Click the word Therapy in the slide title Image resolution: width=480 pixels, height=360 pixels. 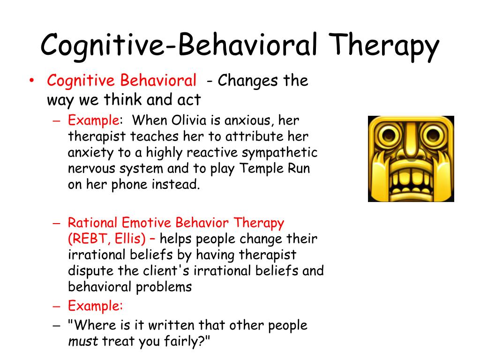(x=384, y=46)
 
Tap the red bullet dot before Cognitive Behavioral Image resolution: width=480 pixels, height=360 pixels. (x=31, y=80)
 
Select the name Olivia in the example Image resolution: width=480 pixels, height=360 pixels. (x=189, y=120)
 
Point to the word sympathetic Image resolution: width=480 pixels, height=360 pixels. (x=279, y=152)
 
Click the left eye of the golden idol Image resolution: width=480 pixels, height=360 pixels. (x=388, y=134)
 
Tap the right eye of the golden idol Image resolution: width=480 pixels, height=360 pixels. (x=433, y=134)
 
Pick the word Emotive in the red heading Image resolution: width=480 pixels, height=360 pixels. (x=146, y=223)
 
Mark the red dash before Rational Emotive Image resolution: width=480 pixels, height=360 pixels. (x=57, y=223)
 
